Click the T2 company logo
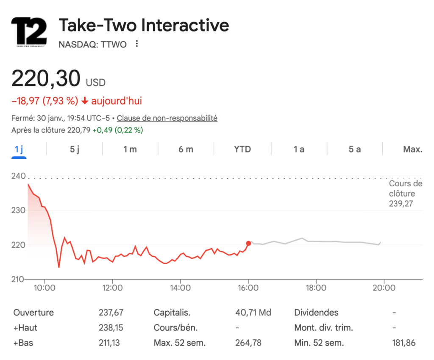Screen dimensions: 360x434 (29, 31)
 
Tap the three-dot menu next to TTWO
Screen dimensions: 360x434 (136, 44)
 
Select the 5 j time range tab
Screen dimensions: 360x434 (75, 149)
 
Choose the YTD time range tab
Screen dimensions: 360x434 (242, 149)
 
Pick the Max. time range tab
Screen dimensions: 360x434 (412, 149)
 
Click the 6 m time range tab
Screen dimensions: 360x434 (186, 149)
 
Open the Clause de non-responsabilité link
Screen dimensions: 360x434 (167, 118)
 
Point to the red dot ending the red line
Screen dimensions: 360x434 (248, 243)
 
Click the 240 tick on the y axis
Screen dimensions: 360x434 (18, 176)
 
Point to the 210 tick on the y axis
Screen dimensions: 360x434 (18, 279)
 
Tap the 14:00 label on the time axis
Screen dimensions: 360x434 (180, 288)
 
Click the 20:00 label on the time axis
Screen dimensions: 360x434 (384, 288)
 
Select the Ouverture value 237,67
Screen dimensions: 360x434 (111, 313)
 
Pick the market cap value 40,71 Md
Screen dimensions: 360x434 (253, 313)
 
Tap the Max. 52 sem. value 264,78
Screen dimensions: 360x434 (248, 343)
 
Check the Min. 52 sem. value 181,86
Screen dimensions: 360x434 (404, 343)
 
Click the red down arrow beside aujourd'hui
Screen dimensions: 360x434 (85, 101)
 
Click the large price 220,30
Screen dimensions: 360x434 (46, 79)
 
